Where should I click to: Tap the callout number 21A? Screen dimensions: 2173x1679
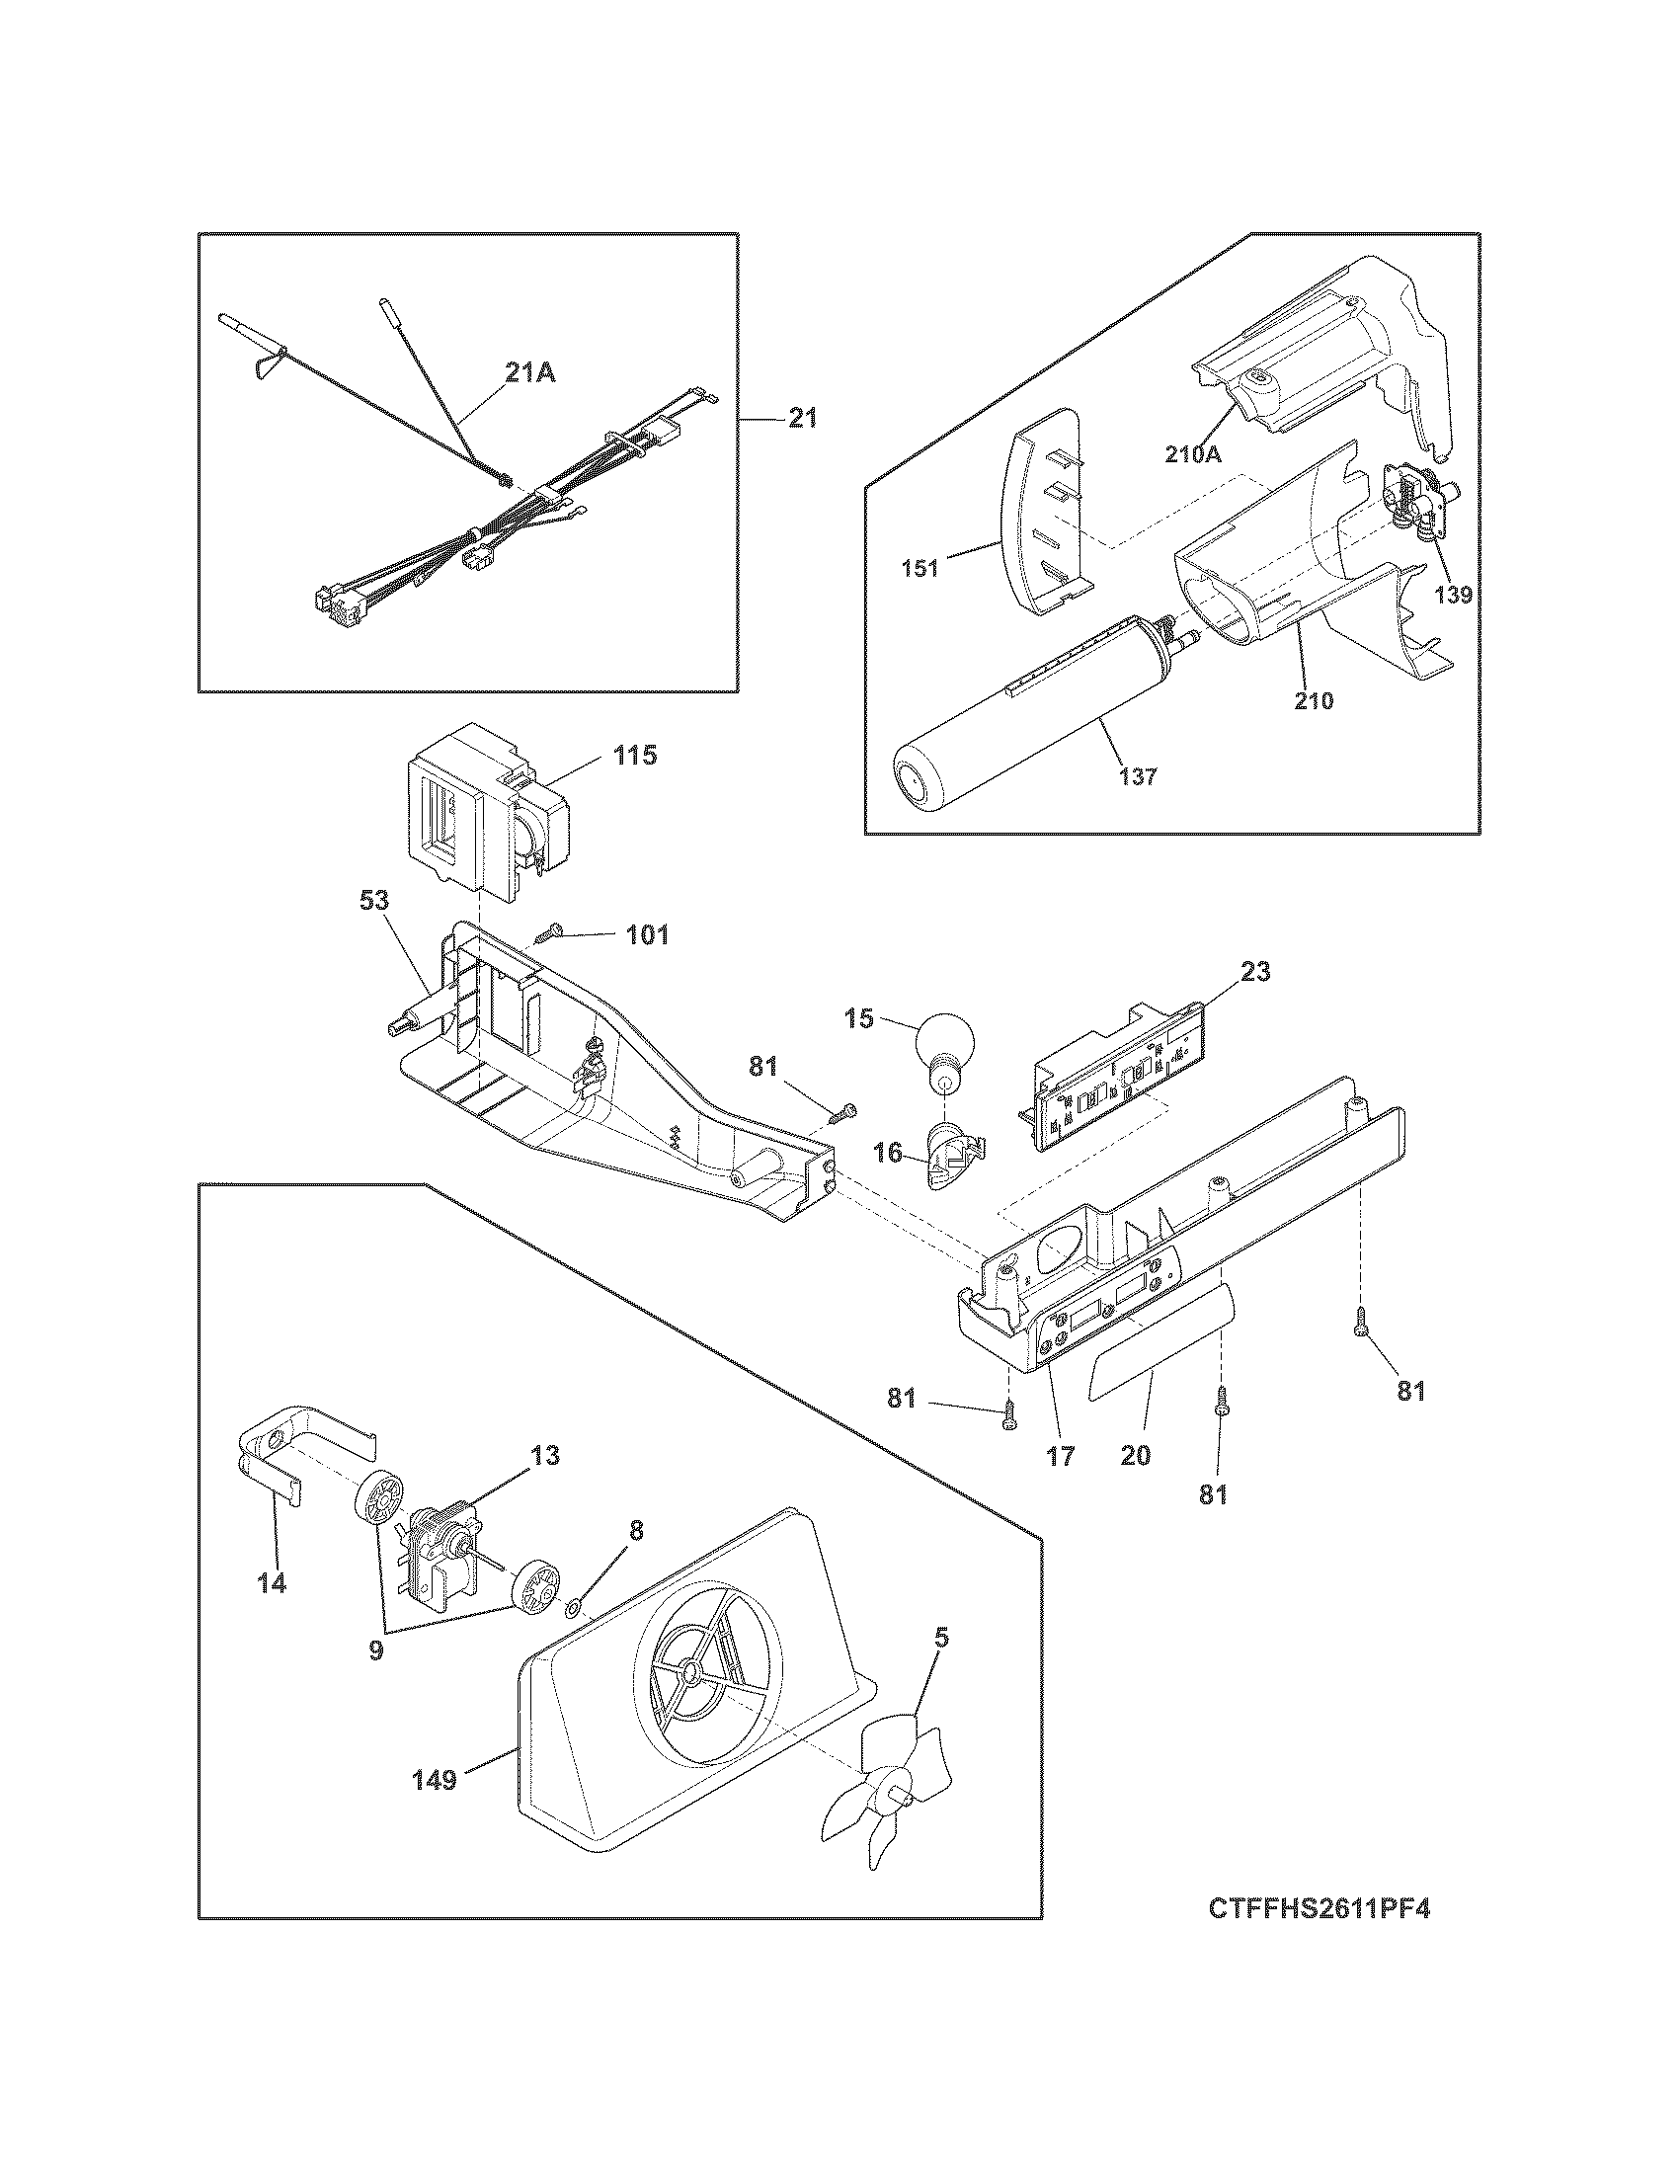530,372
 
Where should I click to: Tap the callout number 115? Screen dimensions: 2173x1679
635,756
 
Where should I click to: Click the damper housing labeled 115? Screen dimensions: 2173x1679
477,806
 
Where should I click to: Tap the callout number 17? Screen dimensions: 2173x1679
1061,1456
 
